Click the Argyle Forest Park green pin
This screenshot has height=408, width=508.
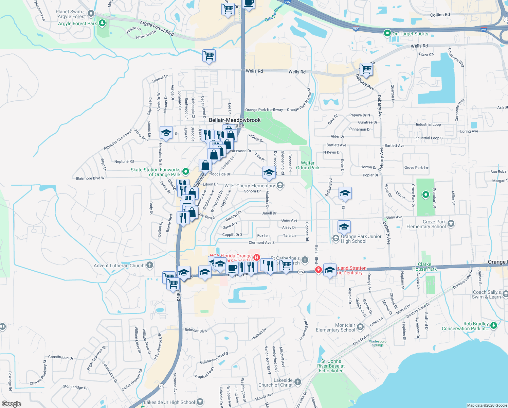click(x=102, y=23)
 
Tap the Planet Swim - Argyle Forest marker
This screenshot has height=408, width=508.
click(x=91, y=14)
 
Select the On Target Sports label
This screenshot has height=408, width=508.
click(x=410, y=34)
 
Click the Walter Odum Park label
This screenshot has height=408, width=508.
click(x=308, y=165)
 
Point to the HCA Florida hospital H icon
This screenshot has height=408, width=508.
click(x=257, y=258)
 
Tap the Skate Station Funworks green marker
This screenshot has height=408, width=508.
click(x=185, y=171)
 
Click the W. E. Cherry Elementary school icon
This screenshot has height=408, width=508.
click(x=280, y=185)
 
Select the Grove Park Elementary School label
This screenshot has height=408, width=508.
click(x=426, y=224)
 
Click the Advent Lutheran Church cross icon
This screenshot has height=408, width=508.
click(x=150, y=265)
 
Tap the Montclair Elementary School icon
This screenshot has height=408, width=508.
click(x=360, y=327)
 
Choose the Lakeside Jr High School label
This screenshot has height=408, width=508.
click(x=169, y=402)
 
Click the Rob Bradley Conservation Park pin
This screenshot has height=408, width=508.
click(x=494, y=326)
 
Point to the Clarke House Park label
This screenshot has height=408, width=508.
click(x=424, y=267)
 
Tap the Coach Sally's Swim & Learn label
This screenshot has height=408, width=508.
click(x=487, y=294)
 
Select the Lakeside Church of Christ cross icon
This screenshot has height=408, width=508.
click(x=298, y=382)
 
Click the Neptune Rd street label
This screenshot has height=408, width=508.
click(x=124, y=161)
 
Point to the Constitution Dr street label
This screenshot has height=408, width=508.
click(x=60, y=357)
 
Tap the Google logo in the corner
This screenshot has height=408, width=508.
click(x=11, y=404)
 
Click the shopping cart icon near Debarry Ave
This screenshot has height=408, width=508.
click(x=366, y=69)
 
